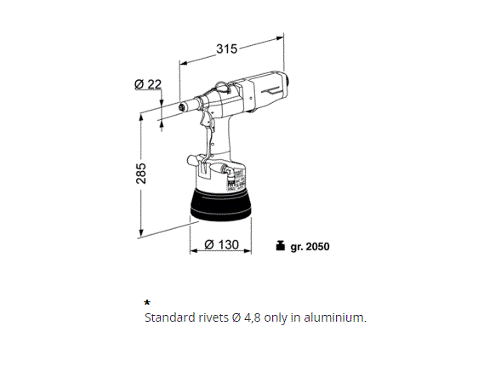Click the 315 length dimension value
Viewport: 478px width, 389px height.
point(226,49)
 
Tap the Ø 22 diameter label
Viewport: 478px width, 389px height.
point(148,84)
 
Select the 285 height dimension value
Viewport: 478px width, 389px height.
point(141,174)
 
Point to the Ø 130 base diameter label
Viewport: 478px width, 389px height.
point(222,244)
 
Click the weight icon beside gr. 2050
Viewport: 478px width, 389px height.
point(280,246)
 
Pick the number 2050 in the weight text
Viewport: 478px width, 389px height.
point(317,247)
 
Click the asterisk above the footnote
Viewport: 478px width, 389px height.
point(147,303)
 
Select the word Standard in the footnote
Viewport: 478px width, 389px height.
point(170,317)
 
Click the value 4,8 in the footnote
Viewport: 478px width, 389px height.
point(252,317)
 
